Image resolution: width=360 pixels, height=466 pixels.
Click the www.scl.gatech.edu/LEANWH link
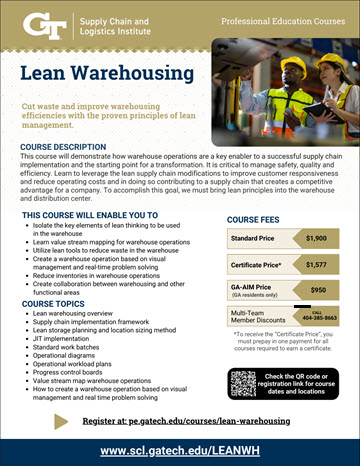[180, 451]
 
